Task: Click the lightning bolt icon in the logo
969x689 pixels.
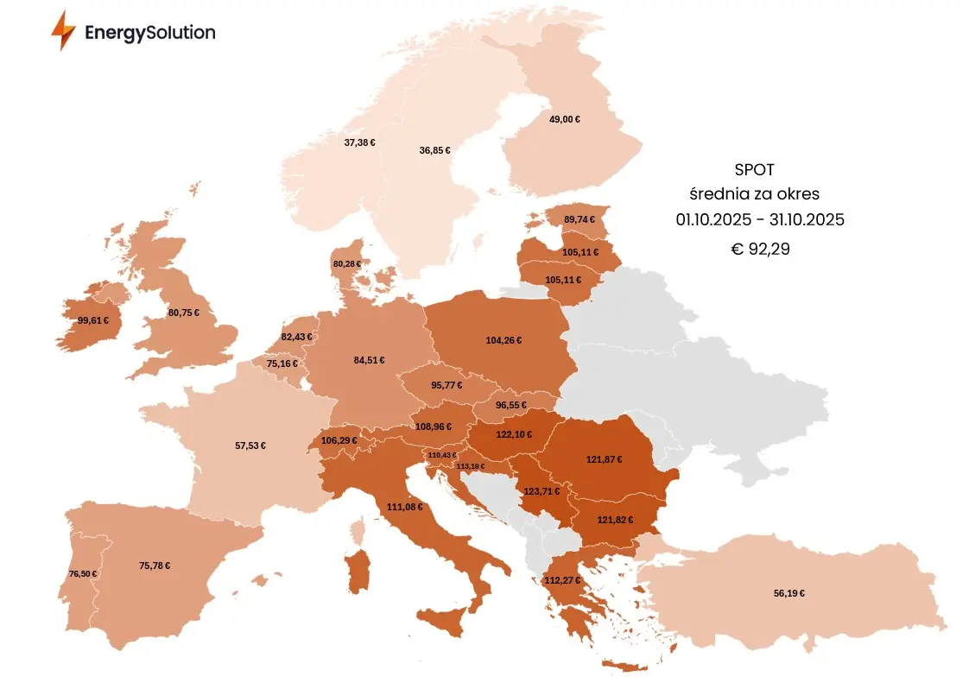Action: [63, 31]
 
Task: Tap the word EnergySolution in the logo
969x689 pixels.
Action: [149, 33]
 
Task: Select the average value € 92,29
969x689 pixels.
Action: [760, 250]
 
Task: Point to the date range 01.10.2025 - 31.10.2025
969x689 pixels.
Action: [760, 220]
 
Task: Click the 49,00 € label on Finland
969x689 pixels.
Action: [565, 120]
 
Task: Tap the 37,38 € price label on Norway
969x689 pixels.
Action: [359, 142]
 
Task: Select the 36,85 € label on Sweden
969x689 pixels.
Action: [434, 150]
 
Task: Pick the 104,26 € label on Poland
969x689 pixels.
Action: [503, 340]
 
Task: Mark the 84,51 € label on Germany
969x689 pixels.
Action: [369, 361]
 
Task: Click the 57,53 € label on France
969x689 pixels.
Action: [250, 446]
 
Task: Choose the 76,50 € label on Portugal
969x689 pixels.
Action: [83, 574]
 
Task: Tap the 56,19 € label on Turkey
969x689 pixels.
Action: [789, 593]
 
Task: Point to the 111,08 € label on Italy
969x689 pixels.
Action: [405, 507]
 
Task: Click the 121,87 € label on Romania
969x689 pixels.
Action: [604, 459]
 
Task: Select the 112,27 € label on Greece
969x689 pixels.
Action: [562, 580]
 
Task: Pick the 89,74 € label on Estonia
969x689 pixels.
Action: [579, 219]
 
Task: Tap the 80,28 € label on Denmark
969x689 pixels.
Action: [346, 263]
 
